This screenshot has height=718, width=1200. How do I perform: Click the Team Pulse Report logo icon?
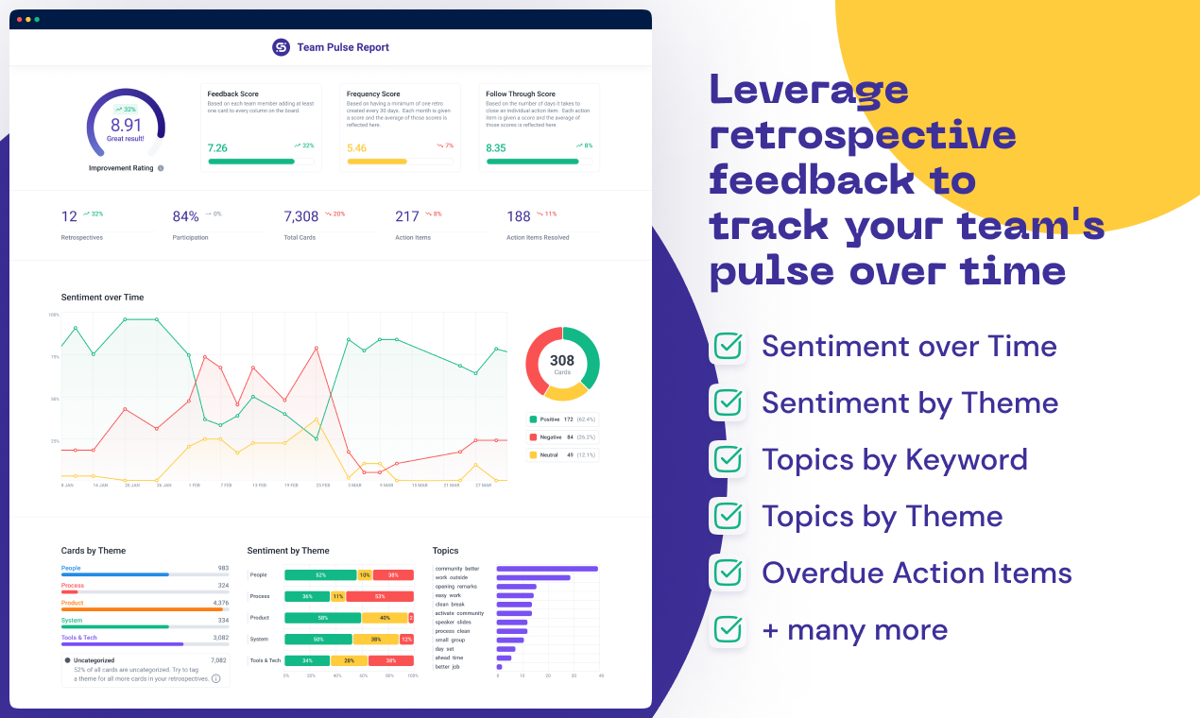(x=281, y=47)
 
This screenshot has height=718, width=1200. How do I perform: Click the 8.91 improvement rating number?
(x=126, y=125)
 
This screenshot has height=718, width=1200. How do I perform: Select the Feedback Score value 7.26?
(x=217, y=147)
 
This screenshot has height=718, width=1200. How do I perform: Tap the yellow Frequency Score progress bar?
(x=377, y=162)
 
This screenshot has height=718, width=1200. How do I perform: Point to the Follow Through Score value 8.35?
(x=496, y=147)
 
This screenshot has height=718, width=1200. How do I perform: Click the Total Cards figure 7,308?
(x=301, y=216)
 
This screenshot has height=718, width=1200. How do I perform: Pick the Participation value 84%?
(x=185, y=216)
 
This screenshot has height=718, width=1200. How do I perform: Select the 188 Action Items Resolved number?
(x=519, y=216)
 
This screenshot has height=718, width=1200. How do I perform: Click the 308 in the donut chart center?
(x=562, y=361)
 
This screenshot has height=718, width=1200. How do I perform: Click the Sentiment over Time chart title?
(x=102, y=298)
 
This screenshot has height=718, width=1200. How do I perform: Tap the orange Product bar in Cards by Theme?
(x=142, y=609)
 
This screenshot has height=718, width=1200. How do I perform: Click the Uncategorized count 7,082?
(x=217, y=660)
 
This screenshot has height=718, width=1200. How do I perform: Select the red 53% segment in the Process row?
(x=380, y=596)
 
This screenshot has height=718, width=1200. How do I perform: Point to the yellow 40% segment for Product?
(x=385, y=618)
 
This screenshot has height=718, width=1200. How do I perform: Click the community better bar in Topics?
(x=547, y=569)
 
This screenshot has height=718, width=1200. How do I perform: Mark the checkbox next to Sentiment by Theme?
(x=728, y=403)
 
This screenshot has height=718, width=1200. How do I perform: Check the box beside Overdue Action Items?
(x=728, y=573)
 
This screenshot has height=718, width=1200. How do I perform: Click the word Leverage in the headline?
(x=809, y=90)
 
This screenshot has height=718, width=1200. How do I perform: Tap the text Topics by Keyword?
(x=894, y=460)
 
